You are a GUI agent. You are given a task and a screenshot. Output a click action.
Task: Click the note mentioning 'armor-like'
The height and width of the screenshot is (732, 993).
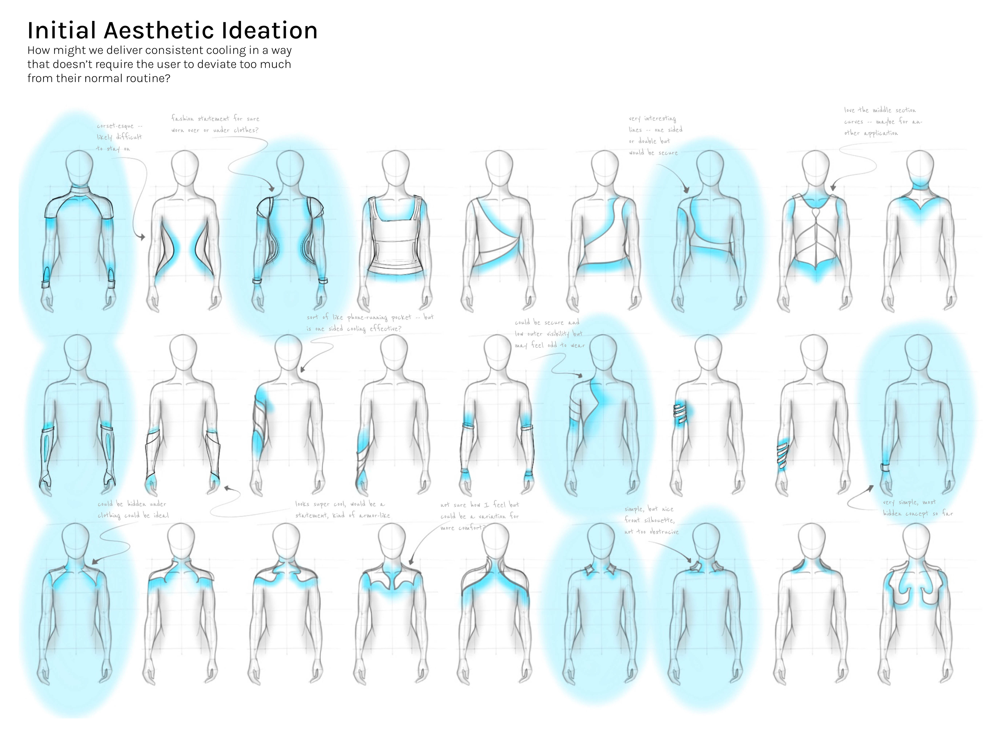[x=342, y=510]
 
